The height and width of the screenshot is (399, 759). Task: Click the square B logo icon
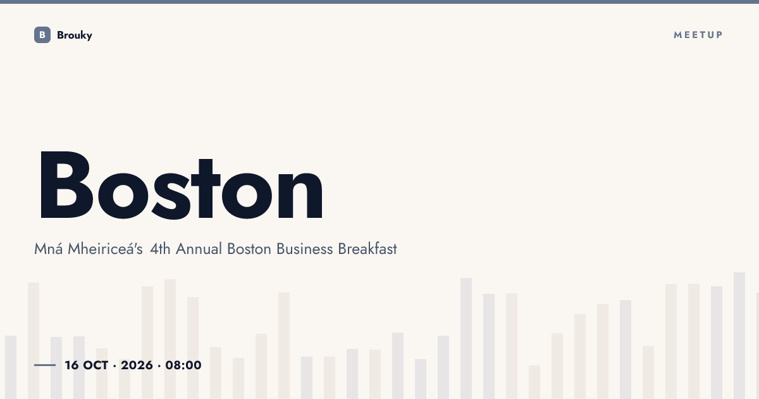coord(42,35)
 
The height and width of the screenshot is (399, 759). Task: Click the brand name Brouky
coord(75,35)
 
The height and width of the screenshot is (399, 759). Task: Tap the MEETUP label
coord(698,35)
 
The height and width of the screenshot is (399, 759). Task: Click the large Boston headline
coord(182,185)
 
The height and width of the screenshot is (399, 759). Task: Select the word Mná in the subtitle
coord(49,249)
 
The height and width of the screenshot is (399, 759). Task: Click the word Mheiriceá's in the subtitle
coord(106,249)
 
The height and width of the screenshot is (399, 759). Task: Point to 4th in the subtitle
coord(160,249)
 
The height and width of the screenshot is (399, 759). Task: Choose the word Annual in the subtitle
coord(199,249)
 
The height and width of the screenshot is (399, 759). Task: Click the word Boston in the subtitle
coord(249,249)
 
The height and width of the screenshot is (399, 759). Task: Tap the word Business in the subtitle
coord(305,249)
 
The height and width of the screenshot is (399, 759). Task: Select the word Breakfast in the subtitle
coord(367,249)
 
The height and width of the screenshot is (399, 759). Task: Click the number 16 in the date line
coord(72,365)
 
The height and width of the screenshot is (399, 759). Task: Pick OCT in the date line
coord(96,365)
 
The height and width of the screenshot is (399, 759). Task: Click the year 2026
coord(137,365)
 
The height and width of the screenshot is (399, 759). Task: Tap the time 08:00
coord(183,365)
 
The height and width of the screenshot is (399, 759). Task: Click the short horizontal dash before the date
coord(45,365)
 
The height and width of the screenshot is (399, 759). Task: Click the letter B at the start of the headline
coord(66,184)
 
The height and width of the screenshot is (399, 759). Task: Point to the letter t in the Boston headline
coord(206,188)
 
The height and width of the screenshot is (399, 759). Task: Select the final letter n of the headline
coord(300,194)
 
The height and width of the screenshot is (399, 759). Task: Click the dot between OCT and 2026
coord(114,366)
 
